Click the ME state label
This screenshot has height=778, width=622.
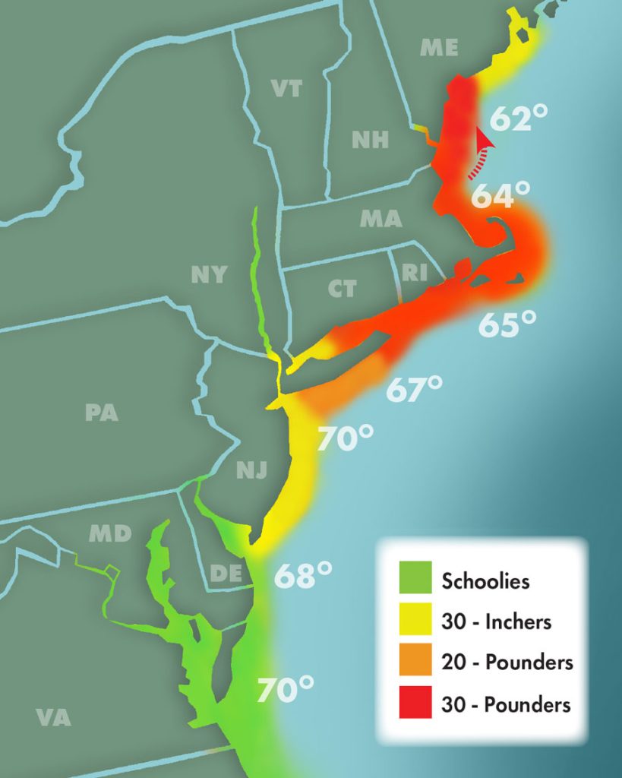[440, 48]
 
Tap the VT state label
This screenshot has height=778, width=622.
[287, 88]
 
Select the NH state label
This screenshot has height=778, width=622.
[370, 139]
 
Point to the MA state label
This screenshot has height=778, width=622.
[380, 219]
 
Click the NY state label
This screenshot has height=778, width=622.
[209, 274]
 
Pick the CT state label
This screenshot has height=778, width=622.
[342, 289]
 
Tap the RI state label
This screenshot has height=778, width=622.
[415, 273]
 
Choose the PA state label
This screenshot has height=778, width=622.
[101, 413]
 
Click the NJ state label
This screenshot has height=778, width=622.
[251, 470]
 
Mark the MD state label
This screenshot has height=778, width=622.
[110, 533]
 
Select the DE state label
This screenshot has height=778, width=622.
[226, 573]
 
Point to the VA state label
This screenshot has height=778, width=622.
[53, 716]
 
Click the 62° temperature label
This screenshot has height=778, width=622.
[519, 118]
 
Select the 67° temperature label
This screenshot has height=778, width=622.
[415, 389]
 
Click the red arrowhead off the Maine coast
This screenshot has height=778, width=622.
[482, 138]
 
